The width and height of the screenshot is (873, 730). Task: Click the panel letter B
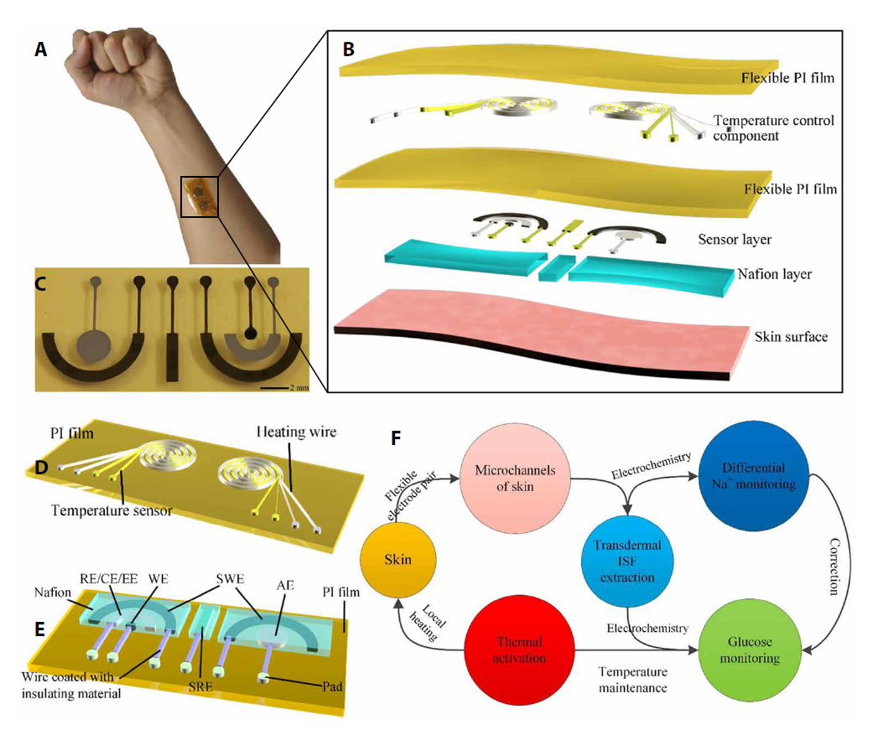[348, 48]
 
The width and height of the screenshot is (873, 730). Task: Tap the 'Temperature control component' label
[773, 127]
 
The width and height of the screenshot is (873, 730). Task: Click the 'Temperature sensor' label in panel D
[112, 510]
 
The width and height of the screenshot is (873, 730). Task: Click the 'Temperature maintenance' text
[632, 680]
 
